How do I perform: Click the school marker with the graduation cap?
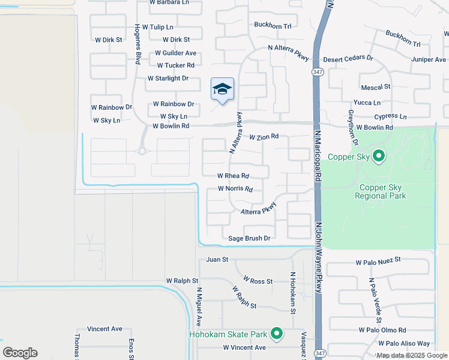coord(222,90)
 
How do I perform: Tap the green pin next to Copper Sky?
coord(378,157)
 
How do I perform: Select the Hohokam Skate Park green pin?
coord(277,333)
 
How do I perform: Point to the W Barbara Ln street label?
coord(167,2)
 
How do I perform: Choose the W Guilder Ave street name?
coord(175,53)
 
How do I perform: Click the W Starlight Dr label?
coord(168,79)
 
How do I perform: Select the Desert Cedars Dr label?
coord(348,59)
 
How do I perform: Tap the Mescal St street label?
coord(376,86)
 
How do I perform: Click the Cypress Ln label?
coord(390,116)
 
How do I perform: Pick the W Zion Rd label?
coord(264,137)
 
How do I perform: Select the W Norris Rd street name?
coord(235,189)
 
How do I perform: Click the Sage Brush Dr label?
coord(250,238)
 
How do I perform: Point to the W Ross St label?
coord(258,281)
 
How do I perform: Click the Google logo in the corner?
coord(20,353)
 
